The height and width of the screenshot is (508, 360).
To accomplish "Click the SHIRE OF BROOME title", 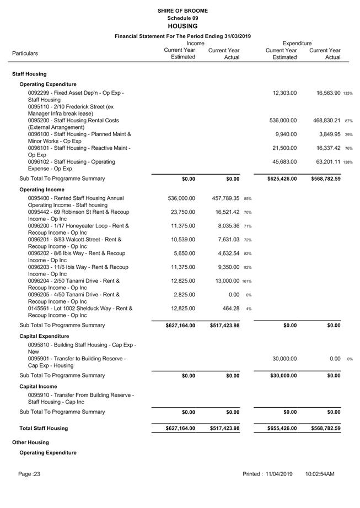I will pos(182,11).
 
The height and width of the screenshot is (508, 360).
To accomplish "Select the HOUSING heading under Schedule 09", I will pos(182,26).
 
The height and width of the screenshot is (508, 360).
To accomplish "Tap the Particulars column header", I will pos(25,53).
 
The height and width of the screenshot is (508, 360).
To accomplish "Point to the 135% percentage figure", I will pos(348,94).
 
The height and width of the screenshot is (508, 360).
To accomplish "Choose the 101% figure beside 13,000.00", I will pos(247,282).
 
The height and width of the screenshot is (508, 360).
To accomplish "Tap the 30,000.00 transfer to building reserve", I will pos(284,359).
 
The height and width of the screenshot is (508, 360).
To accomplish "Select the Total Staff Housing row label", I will pos(44,428).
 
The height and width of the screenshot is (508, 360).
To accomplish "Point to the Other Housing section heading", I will pos(30,442).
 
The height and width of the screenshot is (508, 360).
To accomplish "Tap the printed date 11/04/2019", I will pos(278,474).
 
